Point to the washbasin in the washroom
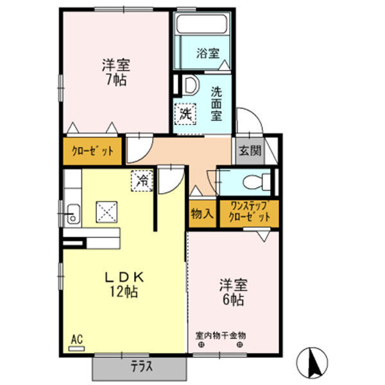[189, 85]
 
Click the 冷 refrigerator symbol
[143, 181]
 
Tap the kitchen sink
[72, 212]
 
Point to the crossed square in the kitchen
[105, 211]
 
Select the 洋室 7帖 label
[116, 72]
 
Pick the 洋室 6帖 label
[234, 291]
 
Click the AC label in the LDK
[76, 339]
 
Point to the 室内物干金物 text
[221, 335]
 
